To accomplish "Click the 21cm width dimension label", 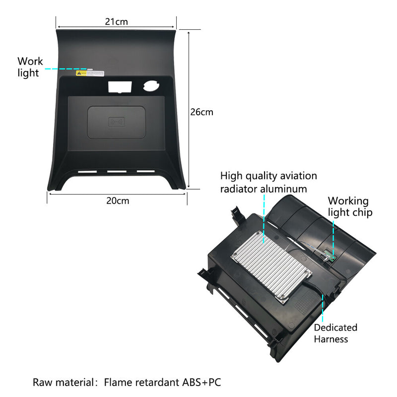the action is [x=117, y=22].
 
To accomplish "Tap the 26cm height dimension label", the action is [x=202, y=112].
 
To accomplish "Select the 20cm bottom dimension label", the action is [x=118, y=201].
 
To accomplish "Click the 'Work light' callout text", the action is [x=30, y=67].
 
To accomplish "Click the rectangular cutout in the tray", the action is [x=120, y=86].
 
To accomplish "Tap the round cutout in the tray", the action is [x=151, y=85].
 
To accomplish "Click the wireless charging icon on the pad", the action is [x=117, y=122].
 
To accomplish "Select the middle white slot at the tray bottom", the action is [x=117, y=172].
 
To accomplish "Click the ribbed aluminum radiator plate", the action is [x=271, y=267].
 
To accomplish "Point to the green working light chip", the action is [x=329, y=256].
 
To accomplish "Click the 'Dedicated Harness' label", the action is [x=335, y=333].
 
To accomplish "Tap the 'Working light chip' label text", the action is [x=350, y=206].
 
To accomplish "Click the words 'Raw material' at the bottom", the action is [x=64, y=382].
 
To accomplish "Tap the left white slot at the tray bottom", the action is [x=87, y=172].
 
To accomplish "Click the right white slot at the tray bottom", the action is [x=146, y=171].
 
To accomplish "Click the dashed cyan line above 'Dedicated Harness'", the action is [x=323, y=308].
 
